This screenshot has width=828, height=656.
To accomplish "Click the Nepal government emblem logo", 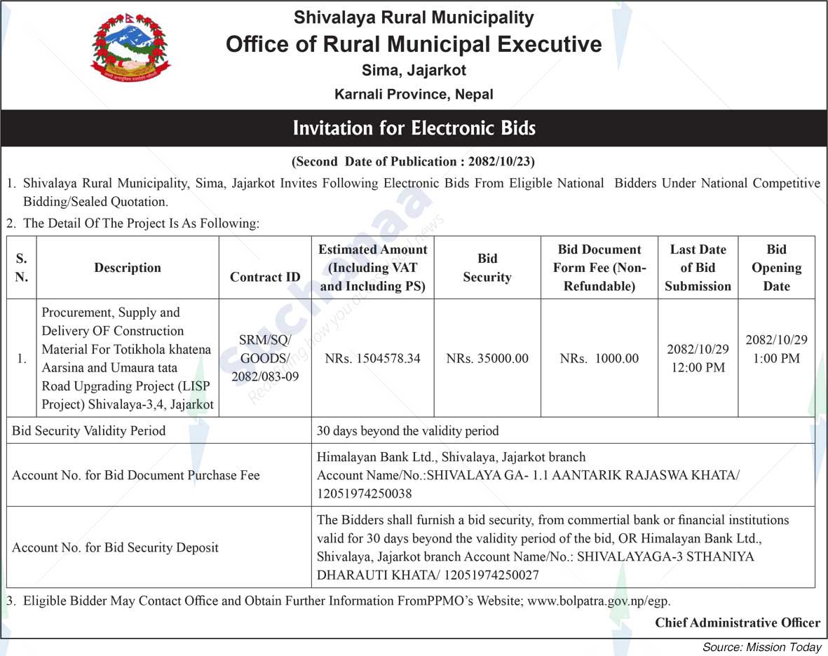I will click(x=130, y=48).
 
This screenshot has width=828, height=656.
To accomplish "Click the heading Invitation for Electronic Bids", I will click(x=414, y=128).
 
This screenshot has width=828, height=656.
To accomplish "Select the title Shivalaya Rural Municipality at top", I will click(x=414, y=18).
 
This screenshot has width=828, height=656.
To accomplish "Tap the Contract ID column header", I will click(x=265, y=277).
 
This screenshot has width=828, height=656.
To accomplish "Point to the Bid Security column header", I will click(x=487, y=268).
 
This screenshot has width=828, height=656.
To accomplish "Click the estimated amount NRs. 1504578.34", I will click(x=372, y=358).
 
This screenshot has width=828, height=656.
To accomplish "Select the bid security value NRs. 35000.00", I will click(x=487, y=358).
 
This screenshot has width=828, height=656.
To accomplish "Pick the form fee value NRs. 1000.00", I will click(x=599, y=358).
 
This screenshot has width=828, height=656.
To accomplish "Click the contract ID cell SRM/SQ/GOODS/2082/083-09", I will click(x=265, y=358).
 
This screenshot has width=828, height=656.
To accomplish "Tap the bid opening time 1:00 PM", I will click(x=776, y=358).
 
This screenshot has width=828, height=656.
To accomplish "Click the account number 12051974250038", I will click(x=364, y=493).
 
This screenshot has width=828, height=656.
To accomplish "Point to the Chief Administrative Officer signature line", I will click(x=737, y=622).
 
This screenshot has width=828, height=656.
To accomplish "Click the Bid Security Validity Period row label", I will click(x=89, y=430).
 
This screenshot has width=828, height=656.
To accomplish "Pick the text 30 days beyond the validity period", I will click(x=407, y=430).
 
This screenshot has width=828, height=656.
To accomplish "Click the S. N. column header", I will click(x=21, y=268).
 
